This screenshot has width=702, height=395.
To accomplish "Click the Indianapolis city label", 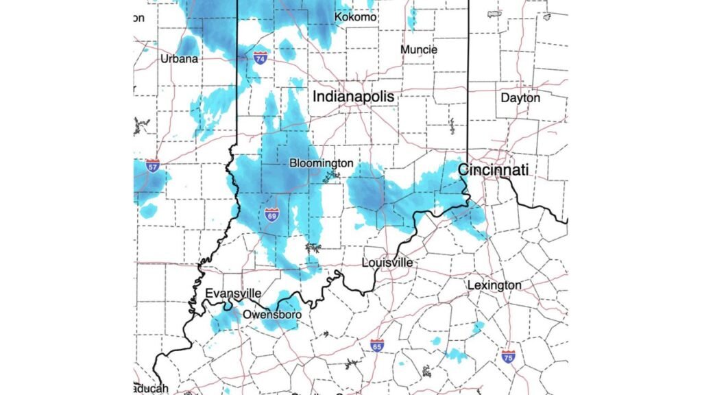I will (354, 97).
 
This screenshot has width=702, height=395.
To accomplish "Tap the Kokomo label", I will (355, 16).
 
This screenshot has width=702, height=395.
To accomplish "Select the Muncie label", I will (419, 49).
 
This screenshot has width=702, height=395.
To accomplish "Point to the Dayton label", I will (520, 98).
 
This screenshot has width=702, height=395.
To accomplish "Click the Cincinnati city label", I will (493, 169).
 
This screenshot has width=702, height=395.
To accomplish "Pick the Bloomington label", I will (322, 163).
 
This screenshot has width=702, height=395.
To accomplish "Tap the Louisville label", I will (387, 263).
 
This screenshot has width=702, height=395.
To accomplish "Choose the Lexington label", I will (494, 285).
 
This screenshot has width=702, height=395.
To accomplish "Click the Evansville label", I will (233, 294).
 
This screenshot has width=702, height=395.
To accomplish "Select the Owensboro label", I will (272, 315).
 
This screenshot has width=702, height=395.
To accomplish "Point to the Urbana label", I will (179, 58).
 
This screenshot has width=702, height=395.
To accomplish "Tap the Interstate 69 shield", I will (272, 215).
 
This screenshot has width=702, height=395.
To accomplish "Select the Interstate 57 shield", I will (153, 166).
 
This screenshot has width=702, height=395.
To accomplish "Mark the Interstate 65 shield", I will (376, 346).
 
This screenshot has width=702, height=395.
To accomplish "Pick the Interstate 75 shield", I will (508, 356).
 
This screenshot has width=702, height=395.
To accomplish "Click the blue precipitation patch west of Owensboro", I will (223, 320).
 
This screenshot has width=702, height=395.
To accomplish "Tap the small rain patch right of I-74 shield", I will (287, 49).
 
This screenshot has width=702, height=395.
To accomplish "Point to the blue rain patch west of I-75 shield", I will (455, 355).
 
